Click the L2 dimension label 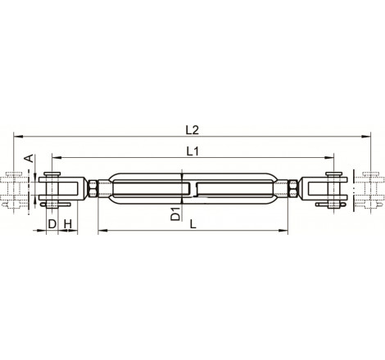192,128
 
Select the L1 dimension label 193,150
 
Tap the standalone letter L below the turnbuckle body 192,223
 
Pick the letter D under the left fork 51,223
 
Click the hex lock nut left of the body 97,190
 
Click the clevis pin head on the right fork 333,175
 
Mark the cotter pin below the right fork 333,205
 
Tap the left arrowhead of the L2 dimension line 16,135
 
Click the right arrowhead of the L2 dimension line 369,135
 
